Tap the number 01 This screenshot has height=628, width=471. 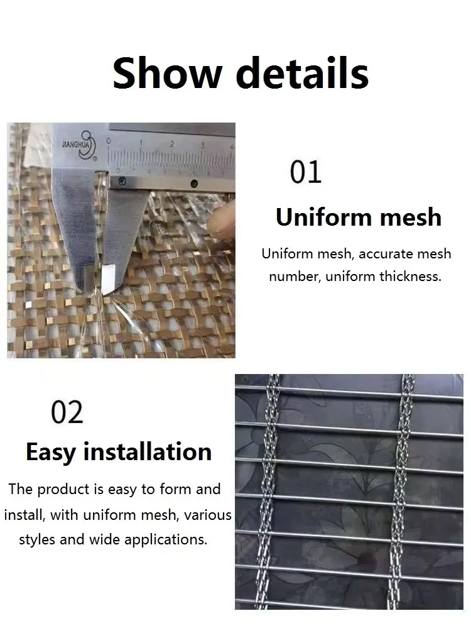coord(306,172)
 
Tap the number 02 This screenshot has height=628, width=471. coord(67,412)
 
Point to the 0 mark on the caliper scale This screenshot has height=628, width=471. coord(109,141)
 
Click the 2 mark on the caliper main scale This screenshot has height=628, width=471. coord(171,144)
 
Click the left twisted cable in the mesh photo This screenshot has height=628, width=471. coord(274,490)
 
